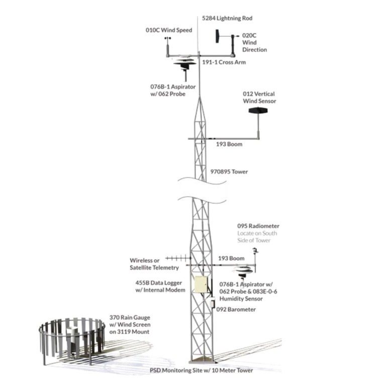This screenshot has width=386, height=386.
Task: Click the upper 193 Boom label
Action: pyautogui.click(x=229, y=144)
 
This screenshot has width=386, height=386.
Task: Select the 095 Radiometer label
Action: pyautogui.click(x=258, y=226)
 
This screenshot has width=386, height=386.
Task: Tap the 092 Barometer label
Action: pyautogui.click(x=236, y=310)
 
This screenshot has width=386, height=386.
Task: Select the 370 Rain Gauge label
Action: pyautogui.click(x=130, y=325)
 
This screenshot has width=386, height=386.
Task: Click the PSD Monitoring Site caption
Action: pyautogui.click(x=201, y=370)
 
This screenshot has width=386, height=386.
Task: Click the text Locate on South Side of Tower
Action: pyautogui.click(x=257, y=237)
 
